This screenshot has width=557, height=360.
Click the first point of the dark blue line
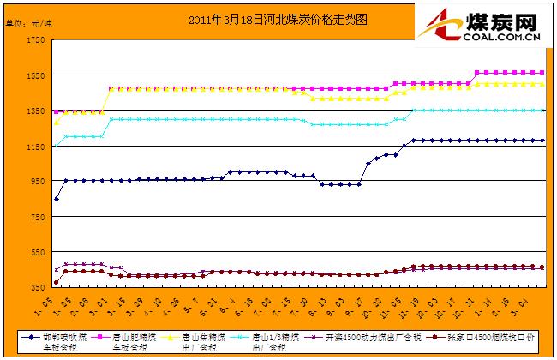click(x=57, y=199)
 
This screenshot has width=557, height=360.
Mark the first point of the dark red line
click(x=57, y=282)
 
